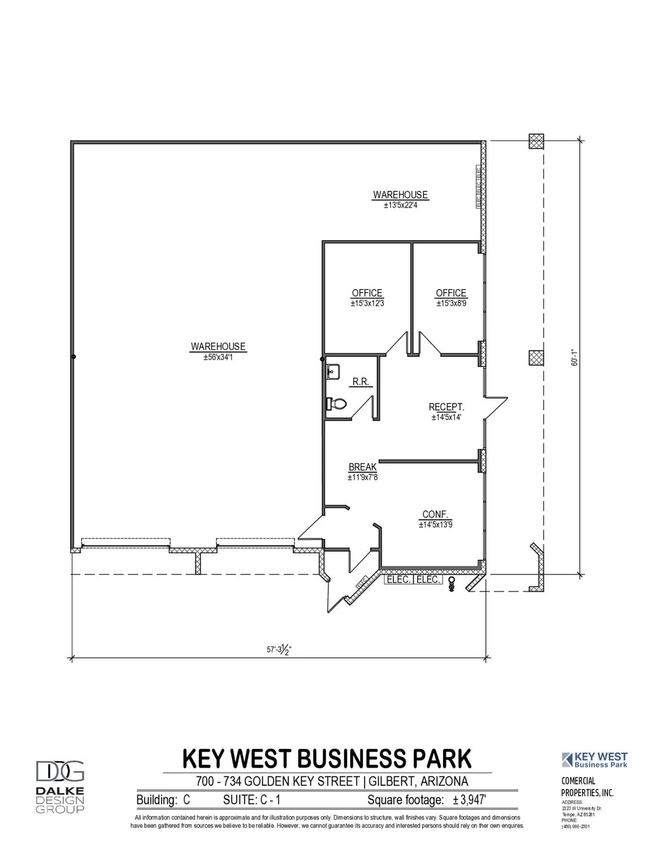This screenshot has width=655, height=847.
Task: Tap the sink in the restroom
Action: coord(332,372)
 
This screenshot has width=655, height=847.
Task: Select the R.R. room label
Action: coord(361,382)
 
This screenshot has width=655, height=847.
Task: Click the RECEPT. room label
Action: coord(446,407)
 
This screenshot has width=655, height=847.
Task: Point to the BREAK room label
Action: coord(362,468)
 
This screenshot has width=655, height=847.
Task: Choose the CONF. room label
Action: coord(436,515)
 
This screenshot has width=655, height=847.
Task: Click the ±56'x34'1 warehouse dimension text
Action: coord(218,357)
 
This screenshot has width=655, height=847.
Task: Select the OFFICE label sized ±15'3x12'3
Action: coord(367,293)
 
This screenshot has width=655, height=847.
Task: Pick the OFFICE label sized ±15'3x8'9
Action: coord(451,293)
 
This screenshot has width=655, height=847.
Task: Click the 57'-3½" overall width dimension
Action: coord(279,649)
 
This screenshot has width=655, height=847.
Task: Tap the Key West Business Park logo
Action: coord(595,760)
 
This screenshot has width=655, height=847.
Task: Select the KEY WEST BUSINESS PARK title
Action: coord(327,758)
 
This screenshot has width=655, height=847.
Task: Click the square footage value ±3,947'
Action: coord(470,800)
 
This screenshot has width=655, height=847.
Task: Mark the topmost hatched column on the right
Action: coord(536,141)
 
